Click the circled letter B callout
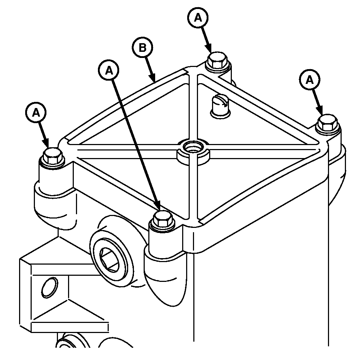coord(143,48)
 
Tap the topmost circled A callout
coord(198,17)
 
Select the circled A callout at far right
coord(310,80)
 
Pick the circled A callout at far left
coord(36,113)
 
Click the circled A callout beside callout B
coord(109,71)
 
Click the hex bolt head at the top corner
coord(217,60)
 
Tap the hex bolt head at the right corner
coord(327,123)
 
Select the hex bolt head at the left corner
coord(52,156)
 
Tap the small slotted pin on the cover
coord(220,106)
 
